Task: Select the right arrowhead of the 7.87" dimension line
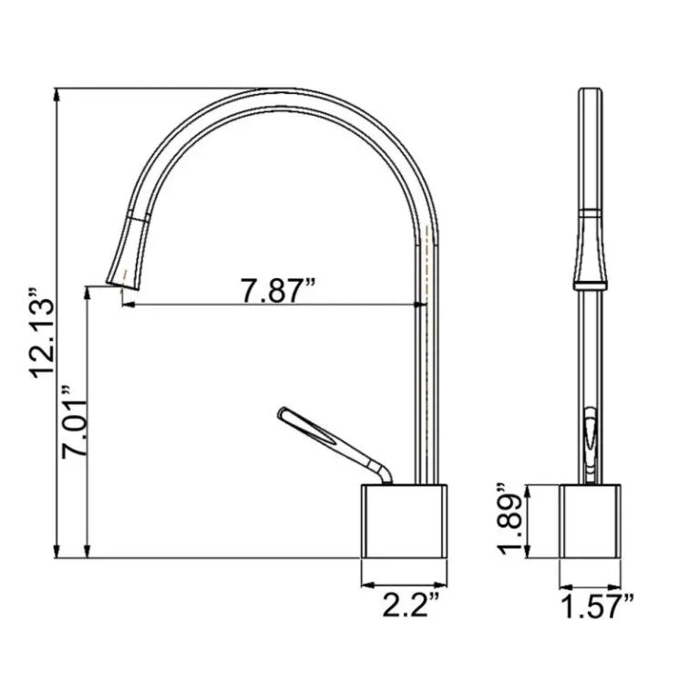pyautogui.click(x=422, y=306)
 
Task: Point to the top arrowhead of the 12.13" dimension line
pyautogui.click(x=59, y=93)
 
